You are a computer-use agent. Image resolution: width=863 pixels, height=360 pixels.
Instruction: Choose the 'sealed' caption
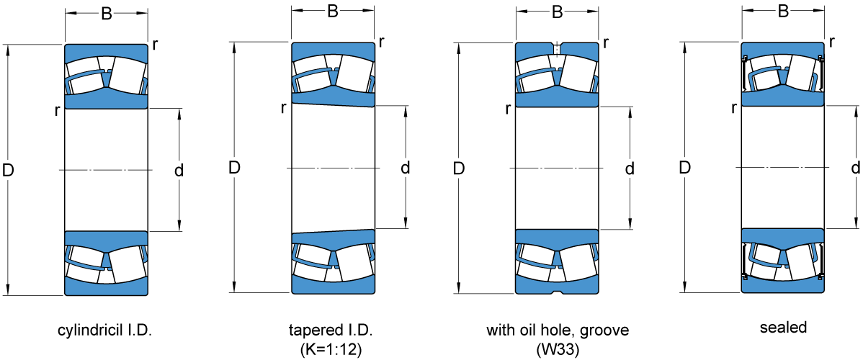pyautogui.click(x=783, y=328)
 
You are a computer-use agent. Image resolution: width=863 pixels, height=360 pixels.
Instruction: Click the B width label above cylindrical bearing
pyautogui.click(x=106, y=14)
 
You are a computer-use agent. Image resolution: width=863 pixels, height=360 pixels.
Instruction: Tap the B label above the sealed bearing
pyautogui.click(x=783, y=12)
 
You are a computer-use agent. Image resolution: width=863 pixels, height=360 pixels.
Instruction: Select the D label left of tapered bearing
pyautogui.click(x=234, y=168)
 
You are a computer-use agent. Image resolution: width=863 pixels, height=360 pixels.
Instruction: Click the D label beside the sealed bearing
pyautogui.click(x=685, y=168)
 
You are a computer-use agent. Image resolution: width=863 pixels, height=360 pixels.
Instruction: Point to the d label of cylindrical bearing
pyautogui.click(x=179, y=170)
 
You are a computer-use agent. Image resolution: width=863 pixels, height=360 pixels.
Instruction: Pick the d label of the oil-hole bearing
pyautogui.click(x=630, y=169)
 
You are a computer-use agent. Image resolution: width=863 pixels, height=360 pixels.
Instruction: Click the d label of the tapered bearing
pyautogui.click(x=406, y=168)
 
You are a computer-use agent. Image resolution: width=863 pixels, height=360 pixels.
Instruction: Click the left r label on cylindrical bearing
pyautogui.click(x=56, y=110)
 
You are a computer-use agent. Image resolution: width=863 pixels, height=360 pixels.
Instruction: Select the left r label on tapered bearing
pyautogui.click(x=283, y=108)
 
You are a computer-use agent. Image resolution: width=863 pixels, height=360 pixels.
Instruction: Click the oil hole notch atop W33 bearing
pyautogui.click(x=557, y=45)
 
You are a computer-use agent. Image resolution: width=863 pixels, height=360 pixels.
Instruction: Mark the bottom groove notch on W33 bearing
pyautogui.click(x=557, y=292)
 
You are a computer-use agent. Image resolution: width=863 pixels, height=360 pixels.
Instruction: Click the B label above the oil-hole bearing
pyautogui.click(x=557, y=12)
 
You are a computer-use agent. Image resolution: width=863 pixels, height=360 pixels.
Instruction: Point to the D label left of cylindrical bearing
pyautogui.click(x=9, y=171)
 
